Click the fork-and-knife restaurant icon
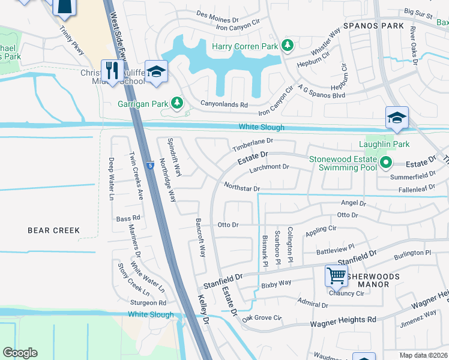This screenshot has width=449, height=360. pos(112,71)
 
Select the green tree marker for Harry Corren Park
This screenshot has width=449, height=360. pos(288,46)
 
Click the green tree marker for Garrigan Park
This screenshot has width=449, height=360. pos(176,103)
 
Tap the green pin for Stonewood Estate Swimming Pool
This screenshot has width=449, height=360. pos(386,162)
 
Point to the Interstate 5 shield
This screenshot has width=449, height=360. pos(148,164)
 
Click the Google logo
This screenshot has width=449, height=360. pos(20,353)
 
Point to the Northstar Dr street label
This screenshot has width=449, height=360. pos(241,188)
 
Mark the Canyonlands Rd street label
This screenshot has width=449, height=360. pos(224,104)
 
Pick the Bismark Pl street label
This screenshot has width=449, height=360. pos(265,251)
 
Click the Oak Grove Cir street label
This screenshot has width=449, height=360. pos(262,317)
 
